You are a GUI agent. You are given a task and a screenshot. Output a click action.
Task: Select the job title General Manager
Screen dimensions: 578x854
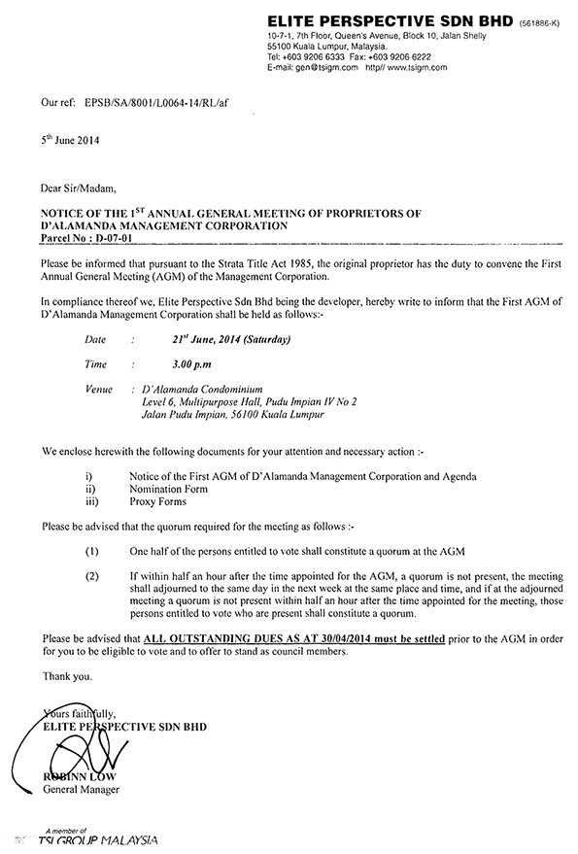pyautogui.click(x=81, y=791)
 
